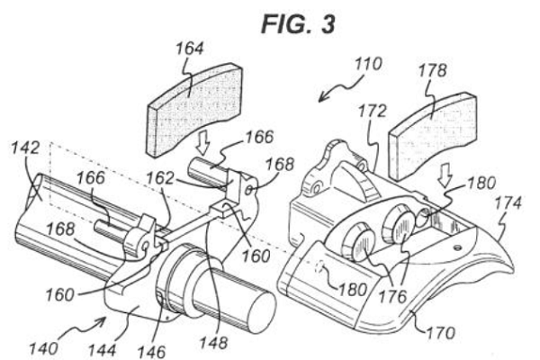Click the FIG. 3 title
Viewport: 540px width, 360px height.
pos(298,23)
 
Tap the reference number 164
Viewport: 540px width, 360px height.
pos(190,49)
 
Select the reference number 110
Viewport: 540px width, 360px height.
pos(368,64)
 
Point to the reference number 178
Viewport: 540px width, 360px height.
pos(432,70)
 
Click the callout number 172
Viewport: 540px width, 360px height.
pos(373,111)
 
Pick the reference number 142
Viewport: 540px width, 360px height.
pos(25,148)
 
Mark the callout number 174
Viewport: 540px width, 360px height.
pos(508,202)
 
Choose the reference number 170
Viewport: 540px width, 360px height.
pos(441,332)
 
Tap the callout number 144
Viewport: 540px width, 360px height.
pos(102,350)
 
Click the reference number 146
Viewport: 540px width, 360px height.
pos(151,352)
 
